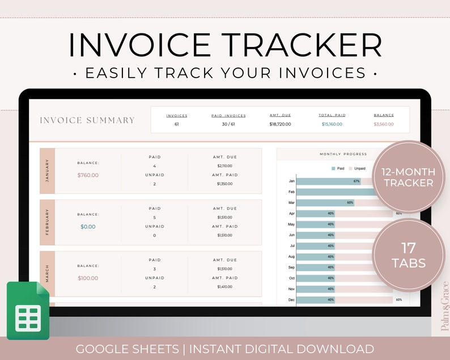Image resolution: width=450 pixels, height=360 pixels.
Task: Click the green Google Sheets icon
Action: point(28,311)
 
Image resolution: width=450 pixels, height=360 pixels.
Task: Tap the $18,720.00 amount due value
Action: point(280,124)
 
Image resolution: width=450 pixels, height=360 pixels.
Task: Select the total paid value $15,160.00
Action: point(332,124)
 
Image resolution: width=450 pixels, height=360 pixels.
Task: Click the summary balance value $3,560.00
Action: point(384,124)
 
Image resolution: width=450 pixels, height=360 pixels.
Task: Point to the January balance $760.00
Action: point(88,175)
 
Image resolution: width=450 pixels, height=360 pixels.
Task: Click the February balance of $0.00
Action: point(88,227)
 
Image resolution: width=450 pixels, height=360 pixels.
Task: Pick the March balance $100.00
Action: point(88,278)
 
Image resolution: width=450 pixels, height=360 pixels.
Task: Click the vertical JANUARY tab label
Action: point(47,171)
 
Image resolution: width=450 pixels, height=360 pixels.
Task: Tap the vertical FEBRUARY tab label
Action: point(47,222)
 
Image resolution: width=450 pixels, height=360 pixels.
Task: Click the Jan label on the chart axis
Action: point(291,181)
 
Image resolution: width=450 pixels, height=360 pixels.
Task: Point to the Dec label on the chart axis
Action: point(291,299)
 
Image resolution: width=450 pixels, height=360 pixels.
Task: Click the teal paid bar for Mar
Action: point(325,203)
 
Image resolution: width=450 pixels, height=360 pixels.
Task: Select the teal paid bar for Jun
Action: point(315,235)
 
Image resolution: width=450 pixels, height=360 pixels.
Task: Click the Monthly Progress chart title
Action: point(343,154)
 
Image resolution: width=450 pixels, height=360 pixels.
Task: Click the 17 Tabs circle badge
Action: point(409,255)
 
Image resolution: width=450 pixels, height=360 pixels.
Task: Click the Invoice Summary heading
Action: point(87,120)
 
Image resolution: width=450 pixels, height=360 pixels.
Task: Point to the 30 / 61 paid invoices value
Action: point(228,124)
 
